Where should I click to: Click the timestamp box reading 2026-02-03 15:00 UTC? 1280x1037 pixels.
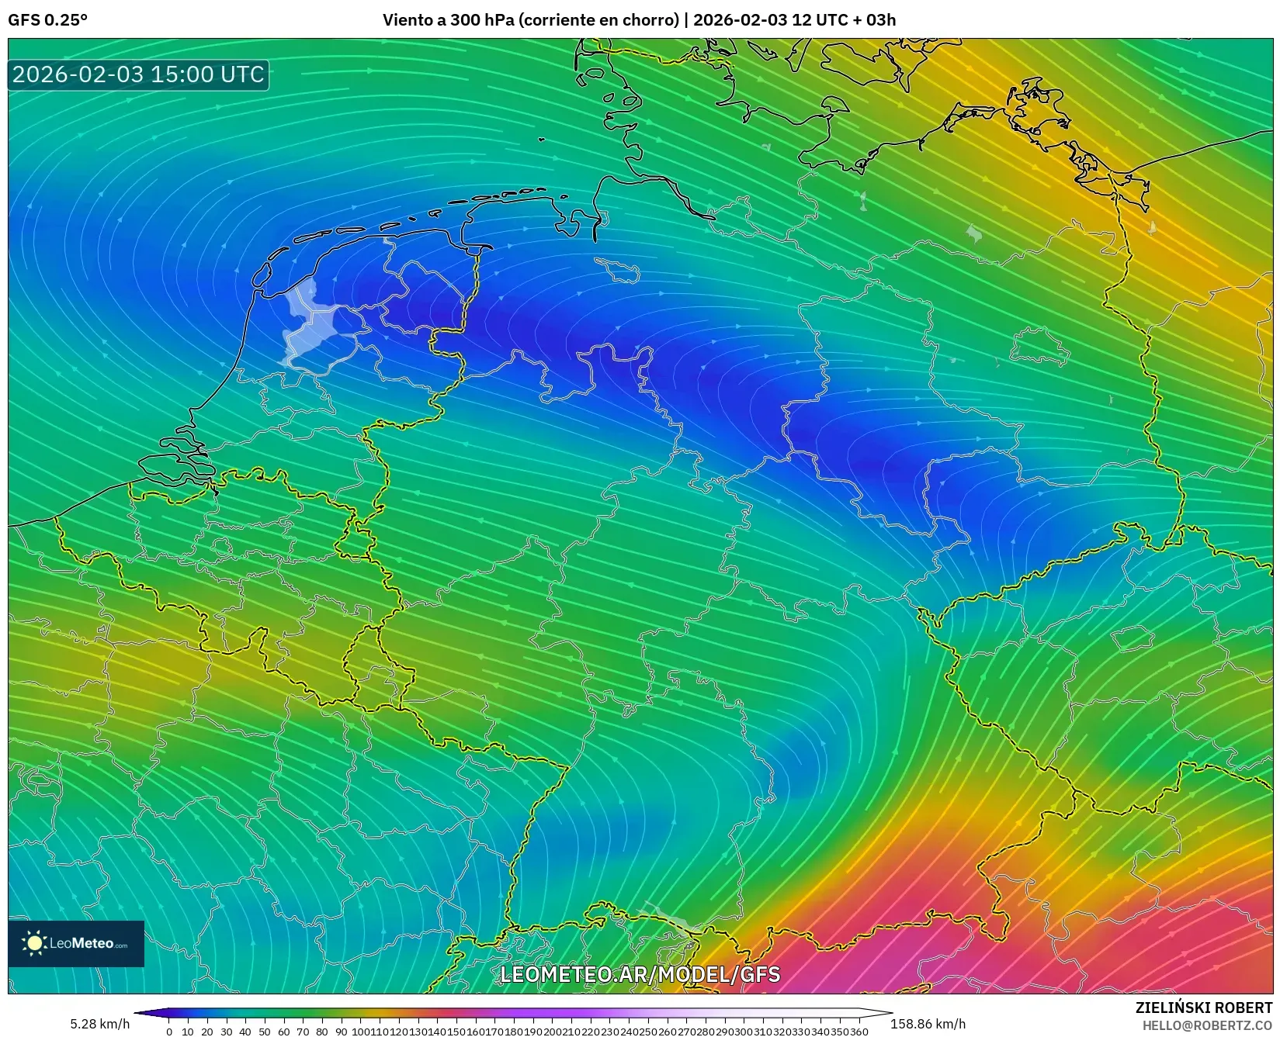tap(138, 74)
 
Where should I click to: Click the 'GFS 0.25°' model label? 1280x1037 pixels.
tap(47, 20)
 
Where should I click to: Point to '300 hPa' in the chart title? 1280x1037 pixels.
tap(476, 20)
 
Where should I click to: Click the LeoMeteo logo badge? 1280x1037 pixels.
tap(76, 943)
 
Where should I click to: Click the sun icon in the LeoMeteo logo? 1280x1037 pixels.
tap(35, 943)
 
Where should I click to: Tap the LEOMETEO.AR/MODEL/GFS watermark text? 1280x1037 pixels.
tap(640, 974)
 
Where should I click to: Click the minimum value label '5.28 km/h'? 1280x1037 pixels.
tap(99, 1024)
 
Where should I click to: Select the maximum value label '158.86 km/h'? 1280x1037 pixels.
tap(928, 1024)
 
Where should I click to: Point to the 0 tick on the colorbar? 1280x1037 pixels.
tap(169, 1032)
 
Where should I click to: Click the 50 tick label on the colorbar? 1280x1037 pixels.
tap(265, 1032)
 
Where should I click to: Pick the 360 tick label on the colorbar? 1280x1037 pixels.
tap(859, 1032)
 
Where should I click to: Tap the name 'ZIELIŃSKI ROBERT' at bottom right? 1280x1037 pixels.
tap(1204, 1008)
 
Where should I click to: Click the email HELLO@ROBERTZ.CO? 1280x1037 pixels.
tap(1207, 1025)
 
